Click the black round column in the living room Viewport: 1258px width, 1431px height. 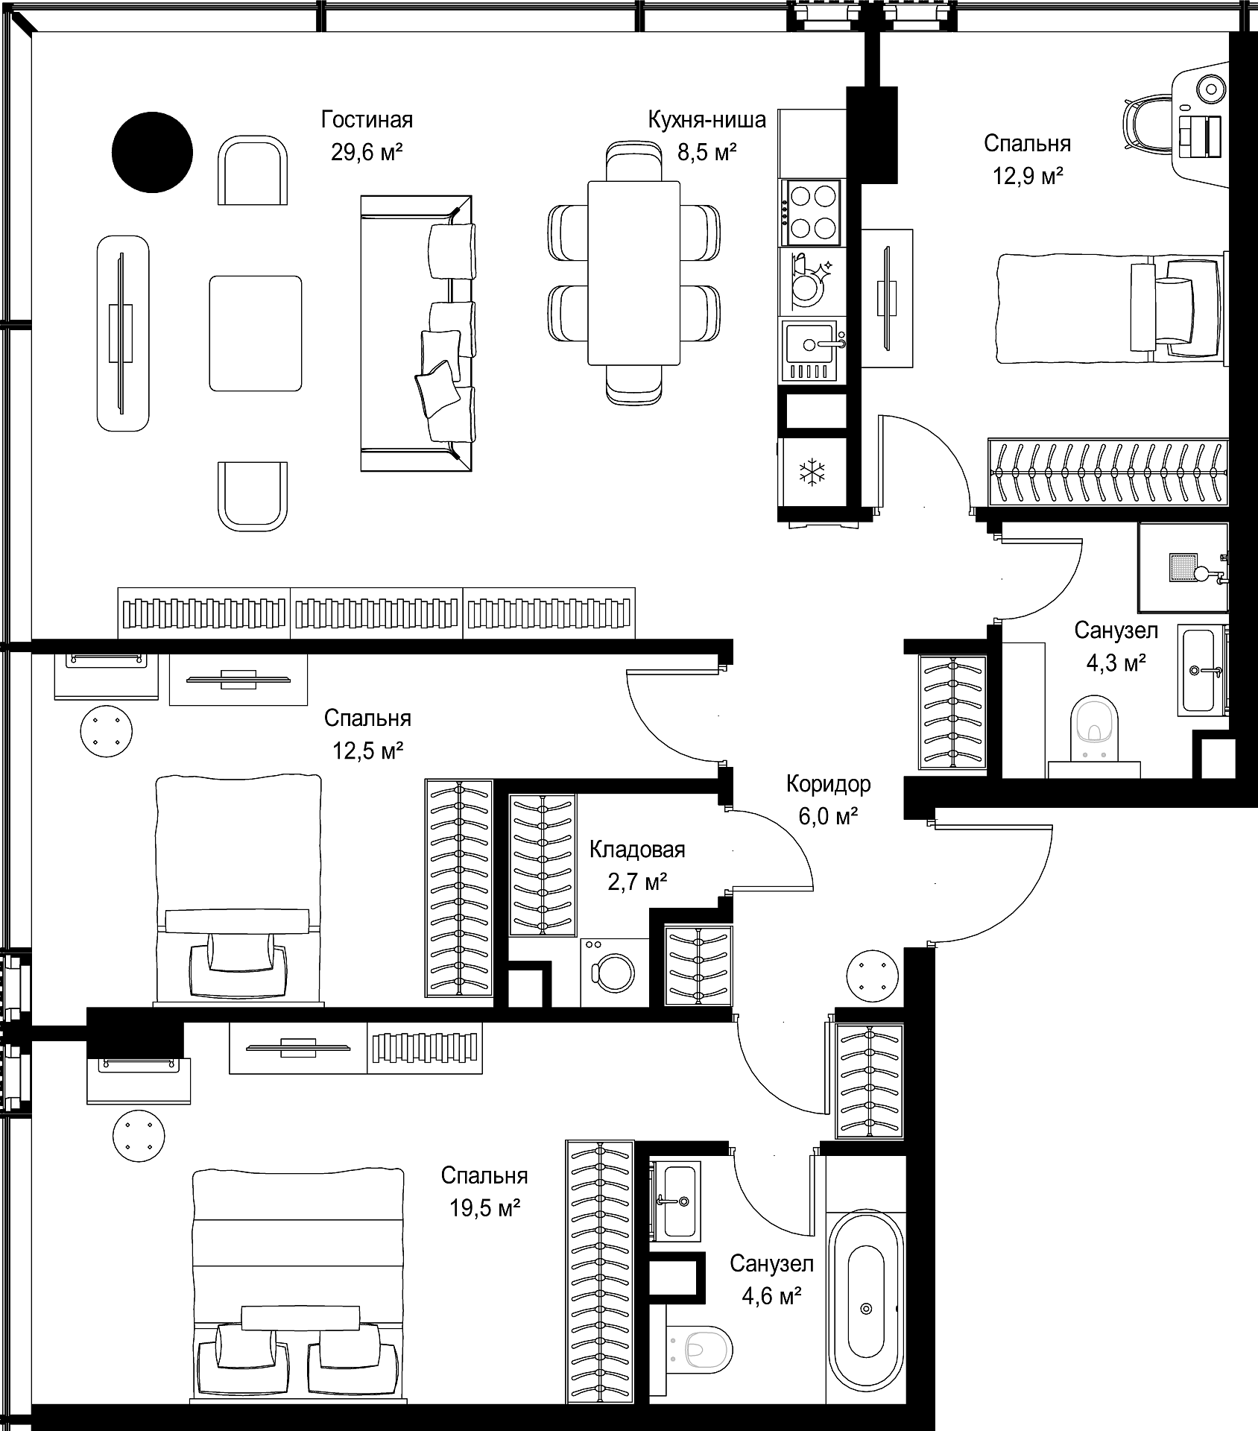pyautogui.click(x=152, y=152)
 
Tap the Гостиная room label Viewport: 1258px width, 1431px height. pyautogui.click(x=367, y=119)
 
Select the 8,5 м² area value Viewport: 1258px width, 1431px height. pyautogui.click(x=707, y=153)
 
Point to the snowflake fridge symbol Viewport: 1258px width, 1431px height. pyautogui.click(x=812, y=473)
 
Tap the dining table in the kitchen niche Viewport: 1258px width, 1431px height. pyautogui.click(x=633, y=273)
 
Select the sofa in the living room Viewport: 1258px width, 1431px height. pyautogui.click(x=417, y=333)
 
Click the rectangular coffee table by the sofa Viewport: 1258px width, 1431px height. pyautogui.click(x=256, y=333)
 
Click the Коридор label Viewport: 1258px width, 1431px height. pyautogui.click(x=828, y=785)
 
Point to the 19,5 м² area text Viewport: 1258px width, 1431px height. pyautogui.click(x=484, y=1208)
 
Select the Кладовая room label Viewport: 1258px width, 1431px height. pyautogui.click(x=637, y=850)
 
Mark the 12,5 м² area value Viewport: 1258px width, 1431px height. pyautogui.click(x=367, y=750)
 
